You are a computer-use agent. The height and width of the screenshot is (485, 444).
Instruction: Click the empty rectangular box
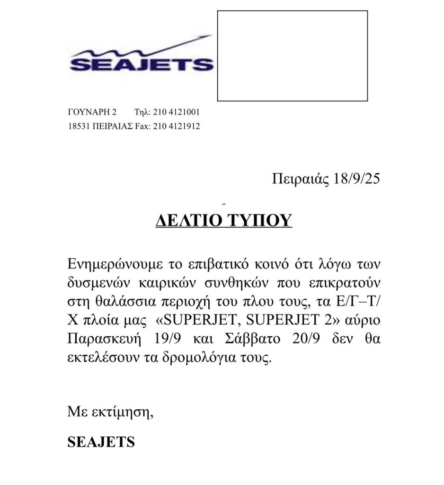[292, 56]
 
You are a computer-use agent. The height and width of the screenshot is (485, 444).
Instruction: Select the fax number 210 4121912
[177, 126]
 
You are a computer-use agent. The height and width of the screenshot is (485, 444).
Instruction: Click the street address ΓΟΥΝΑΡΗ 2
[92, 113]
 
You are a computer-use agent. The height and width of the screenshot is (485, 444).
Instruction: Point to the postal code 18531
[79, 126]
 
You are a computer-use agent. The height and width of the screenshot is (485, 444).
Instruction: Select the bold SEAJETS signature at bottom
[101, 442]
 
